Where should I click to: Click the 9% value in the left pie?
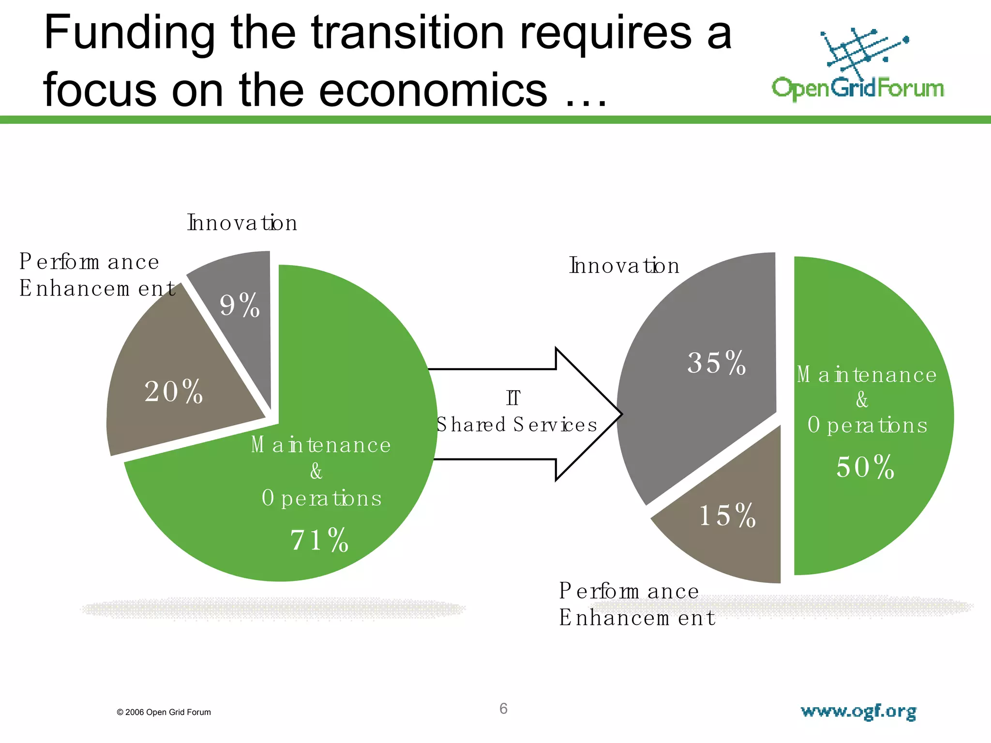pyautogui.click(x=240, y=306)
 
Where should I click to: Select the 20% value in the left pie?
pyautogui.click(x=173, y=391)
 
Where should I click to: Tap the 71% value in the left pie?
pyautogui.click(x=319, y=540)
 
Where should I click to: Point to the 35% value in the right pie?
pyautogui.click(x=717, y=363)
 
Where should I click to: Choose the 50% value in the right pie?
pyautogui.click(x=865, y=467)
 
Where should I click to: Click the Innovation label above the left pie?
pyautogui.click(x=242, y=223)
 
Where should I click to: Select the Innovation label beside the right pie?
pyautogui.click(x=624, y=266)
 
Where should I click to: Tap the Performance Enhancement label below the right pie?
pyautogui.click(x=636, y=604)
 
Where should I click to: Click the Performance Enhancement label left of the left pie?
pyautogui.click(x=97, y=275)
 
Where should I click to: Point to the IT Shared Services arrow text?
pyautogui.click(x=516, y=412)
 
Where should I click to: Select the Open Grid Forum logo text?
pyautogui.click(x=857, y=89)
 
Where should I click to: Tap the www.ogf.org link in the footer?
pyautogui.click(x=858, y=712)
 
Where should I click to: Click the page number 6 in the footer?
pyautogui.click(x=503, y=709)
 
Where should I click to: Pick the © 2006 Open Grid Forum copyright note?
pyautogui.click(x=164, y=712)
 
